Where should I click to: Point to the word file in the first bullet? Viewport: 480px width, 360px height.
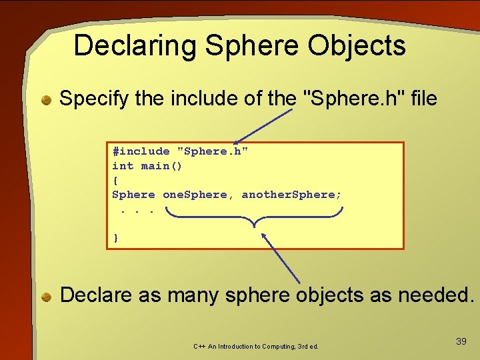(421, 99)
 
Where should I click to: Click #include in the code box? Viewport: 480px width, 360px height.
(141, 151)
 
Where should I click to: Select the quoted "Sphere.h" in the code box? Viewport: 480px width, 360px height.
(213, 151)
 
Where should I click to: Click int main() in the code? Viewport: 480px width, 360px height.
(147, 166)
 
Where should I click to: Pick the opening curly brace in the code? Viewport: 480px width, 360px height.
(115, 180)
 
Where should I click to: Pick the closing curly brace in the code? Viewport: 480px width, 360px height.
(115, 237)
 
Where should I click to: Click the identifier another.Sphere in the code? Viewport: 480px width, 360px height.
(291, 195)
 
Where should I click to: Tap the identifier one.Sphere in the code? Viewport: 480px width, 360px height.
(195, 195)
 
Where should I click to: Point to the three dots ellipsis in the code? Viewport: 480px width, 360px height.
(137, 210)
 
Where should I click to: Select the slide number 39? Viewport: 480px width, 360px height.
(461, 341)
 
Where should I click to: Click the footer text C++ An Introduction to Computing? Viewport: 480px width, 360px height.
(256, 347)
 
